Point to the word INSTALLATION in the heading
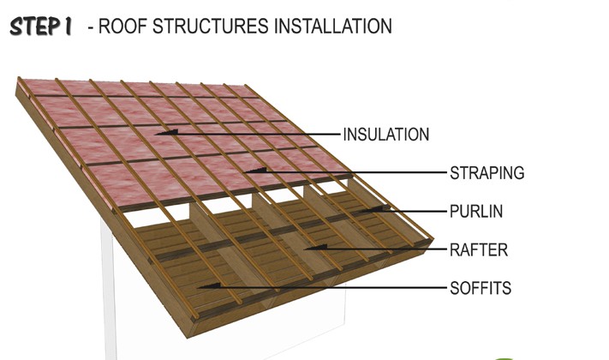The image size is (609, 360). click(333, 27)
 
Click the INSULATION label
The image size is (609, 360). click(385, 135)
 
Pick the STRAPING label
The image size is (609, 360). click(487, 172)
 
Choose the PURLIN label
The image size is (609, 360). click(478, 211)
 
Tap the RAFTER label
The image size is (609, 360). click(479, 250)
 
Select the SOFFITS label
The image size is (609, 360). click(480, 288)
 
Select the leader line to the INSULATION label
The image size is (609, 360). click(257, 134)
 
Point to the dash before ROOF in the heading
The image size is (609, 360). click(91, 27)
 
